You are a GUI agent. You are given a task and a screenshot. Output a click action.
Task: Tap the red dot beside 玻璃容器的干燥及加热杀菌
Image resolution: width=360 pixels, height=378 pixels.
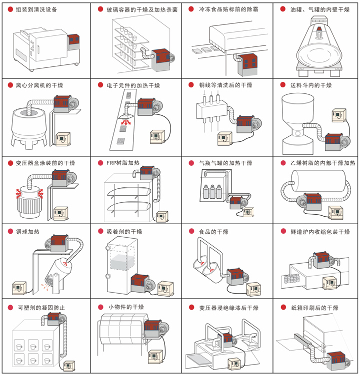100,9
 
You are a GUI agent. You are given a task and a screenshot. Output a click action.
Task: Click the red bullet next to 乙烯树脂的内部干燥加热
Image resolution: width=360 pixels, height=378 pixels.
282,163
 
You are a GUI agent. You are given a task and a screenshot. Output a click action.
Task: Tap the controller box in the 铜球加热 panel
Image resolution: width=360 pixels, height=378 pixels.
19,288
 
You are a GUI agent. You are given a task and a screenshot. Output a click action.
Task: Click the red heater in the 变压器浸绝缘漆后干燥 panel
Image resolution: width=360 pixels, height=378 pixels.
228,339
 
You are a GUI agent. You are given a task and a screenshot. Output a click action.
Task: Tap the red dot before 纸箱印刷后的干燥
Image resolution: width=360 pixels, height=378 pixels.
282,307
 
